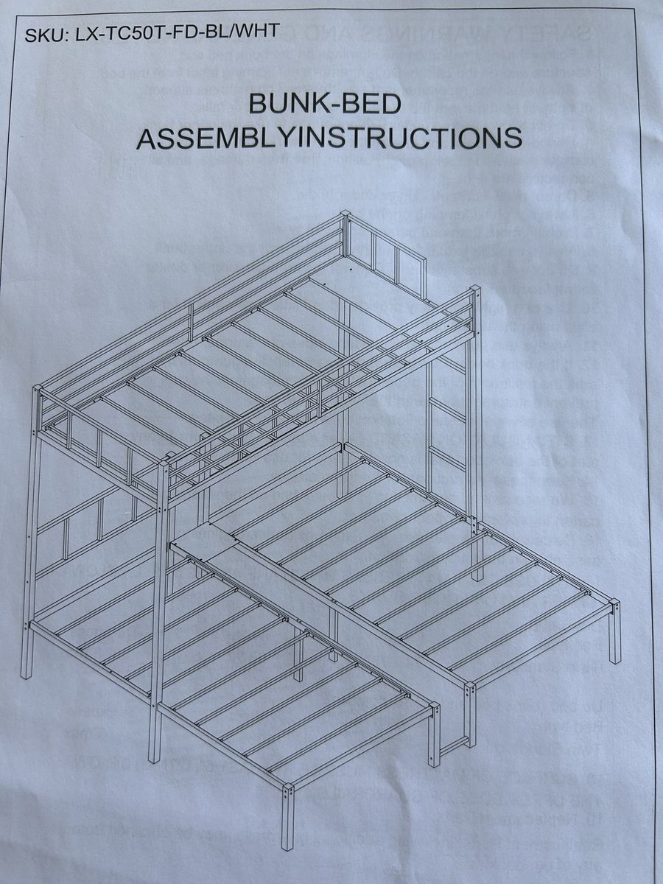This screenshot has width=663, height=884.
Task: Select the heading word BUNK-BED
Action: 325,103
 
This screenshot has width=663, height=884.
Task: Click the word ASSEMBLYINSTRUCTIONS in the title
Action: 330,138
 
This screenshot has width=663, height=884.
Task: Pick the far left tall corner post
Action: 32,530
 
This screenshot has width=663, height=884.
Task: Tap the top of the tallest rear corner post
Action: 344,217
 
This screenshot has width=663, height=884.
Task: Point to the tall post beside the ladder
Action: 475,413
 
